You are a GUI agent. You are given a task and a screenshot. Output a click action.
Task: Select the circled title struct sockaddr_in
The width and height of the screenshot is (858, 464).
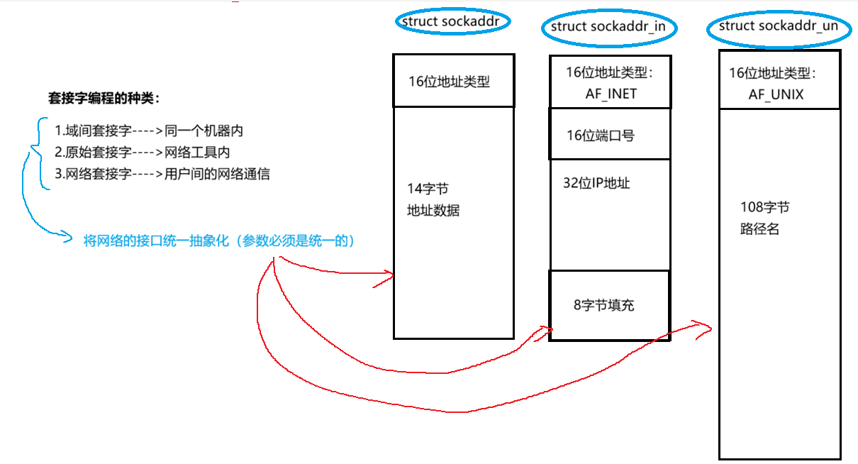tap(609, 27)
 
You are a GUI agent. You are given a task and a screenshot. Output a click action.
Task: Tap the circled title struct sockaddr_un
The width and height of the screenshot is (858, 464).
tap(778, 27)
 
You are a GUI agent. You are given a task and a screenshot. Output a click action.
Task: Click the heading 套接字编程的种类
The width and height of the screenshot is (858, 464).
tap(104, 98)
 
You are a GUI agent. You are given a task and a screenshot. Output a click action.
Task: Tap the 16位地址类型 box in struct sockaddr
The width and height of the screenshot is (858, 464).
tap(453, 81)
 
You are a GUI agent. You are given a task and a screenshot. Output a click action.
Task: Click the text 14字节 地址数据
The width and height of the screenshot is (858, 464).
tap(433, 199)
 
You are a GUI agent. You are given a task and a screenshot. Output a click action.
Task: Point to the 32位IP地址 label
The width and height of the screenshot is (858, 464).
tap(596, 183)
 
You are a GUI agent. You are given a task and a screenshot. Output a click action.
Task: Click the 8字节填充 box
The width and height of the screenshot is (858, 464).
tap(603, 306)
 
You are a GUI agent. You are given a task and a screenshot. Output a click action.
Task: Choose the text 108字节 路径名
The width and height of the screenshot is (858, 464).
tap(764, 219)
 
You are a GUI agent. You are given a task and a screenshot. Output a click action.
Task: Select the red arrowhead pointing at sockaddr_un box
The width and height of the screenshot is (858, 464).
tap(706, 326)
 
